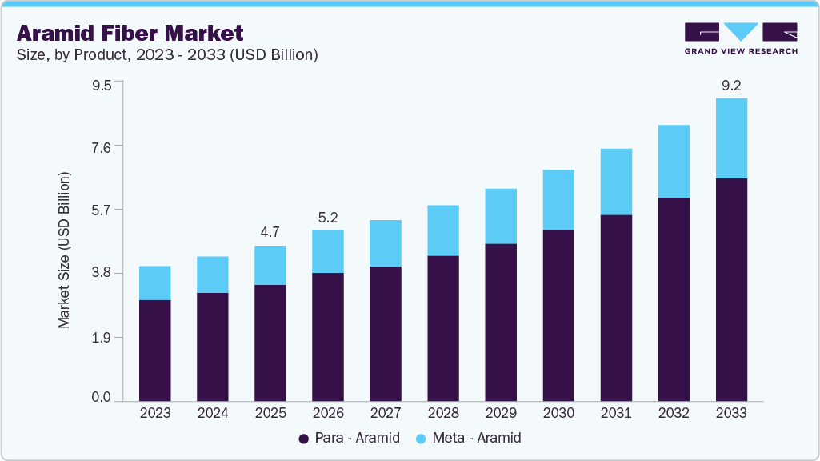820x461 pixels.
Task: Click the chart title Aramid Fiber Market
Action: coord(130,34)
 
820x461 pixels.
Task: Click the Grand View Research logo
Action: coord(740,38)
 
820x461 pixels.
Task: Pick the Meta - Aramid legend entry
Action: coord(470,438)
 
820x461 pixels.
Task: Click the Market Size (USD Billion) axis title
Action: coord(64,250)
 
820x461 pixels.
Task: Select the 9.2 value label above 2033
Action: coord(731,84)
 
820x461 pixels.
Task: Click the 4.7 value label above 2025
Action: coord(270,232)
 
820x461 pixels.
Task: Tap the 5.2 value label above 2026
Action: coord(328,217)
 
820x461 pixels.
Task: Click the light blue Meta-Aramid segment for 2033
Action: coord(731,138)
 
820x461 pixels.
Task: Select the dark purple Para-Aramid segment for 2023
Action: coord(155,350)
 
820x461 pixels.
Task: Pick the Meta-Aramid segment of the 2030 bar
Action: coord(558,199)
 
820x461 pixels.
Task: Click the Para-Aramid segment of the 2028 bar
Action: coord(443,328)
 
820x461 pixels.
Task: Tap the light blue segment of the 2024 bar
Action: coord(213,275)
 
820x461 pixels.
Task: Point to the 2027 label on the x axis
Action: coord(386,413)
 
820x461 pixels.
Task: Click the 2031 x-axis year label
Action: coord(616,413)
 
